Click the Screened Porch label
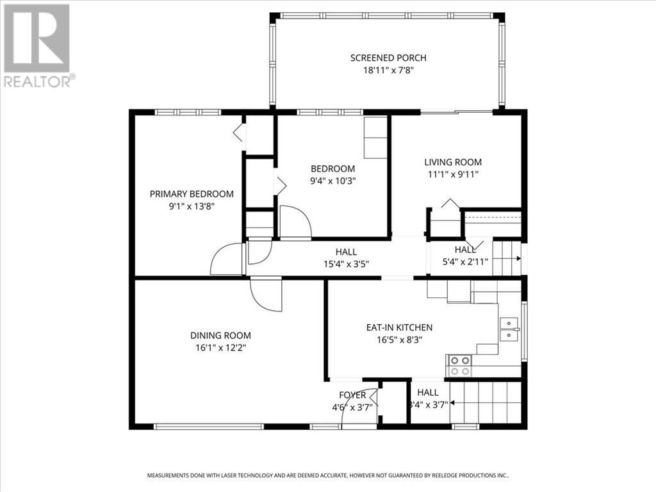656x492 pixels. (388, 58)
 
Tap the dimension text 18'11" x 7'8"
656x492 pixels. (388, 70)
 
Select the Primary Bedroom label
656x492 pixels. (192, 193)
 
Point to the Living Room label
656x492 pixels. (453, 162)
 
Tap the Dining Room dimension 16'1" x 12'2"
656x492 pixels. (220, 347)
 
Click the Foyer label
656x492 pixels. (352, 395)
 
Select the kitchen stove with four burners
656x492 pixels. (459, 365)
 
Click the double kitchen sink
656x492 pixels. (509, 328)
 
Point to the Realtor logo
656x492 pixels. (37, 45)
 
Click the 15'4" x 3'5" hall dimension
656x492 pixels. (346, 263)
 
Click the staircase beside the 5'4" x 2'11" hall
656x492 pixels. (506, 257)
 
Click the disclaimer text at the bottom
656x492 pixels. (328, 476)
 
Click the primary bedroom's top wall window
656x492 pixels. (188, 112)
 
